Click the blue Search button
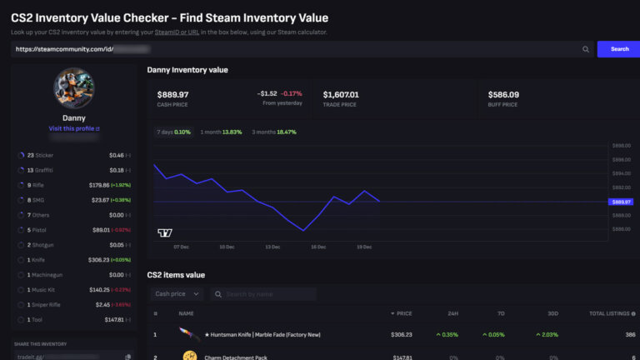pos(618,49)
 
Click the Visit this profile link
pos(74,129)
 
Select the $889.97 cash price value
pos(172,94)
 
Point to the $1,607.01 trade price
pos(341,94)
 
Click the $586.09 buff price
pos(503,94)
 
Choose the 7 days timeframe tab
pos(174,132)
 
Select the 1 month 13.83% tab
pos(221,132)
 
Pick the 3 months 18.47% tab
pos(275,132)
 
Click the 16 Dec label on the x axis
pos(318,247)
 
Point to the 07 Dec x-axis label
pos(181,247)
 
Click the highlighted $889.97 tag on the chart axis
pos(622,202)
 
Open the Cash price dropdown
pos(177,294)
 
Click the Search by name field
pos(265,294)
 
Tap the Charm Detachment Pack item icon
pos(189,356)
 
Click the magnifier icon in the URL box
pos(586,49)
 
